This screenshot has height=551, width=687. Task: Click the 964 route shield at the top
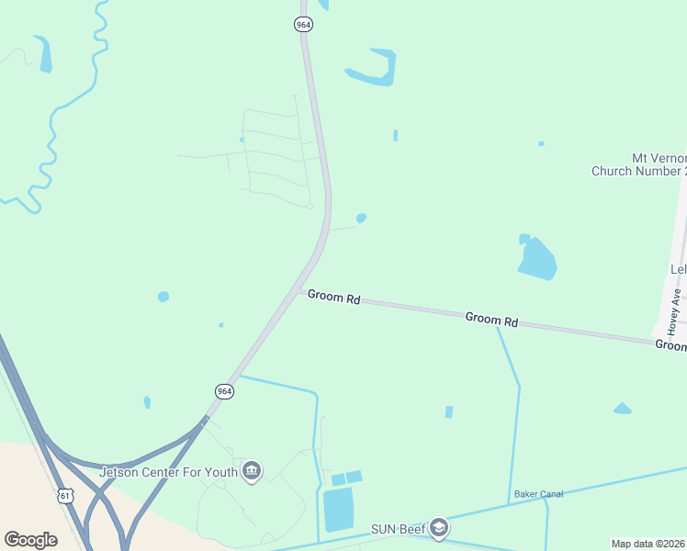[303, 25]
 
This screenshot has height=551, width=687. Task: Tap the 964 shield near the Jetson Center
[224, 391]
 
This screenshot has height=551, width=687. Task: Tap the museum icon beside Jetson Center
[252, 472]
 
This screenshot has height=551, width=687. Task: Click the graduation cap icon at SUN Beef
[439, 528]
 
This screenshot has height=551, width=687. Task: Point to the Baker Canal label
[538, 494]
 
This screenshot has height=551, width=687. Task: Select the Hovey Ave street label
[673, 312]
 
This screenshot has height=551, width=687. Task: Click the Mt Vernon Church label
[639, 164]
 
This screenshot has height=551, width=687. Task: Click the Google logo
[30, 540]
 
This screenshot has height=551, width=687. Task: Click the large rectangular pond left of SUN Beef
[337, 510]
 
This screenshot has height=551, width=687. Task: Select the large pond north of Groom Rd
[537, 259]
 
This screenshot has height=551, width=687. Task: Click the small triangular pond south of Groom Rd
[622, 409]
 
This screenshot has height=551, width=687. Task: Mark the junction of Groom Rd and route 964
[301, 290]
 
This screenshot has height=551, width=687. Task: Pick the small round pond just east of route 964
[361, 219]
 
